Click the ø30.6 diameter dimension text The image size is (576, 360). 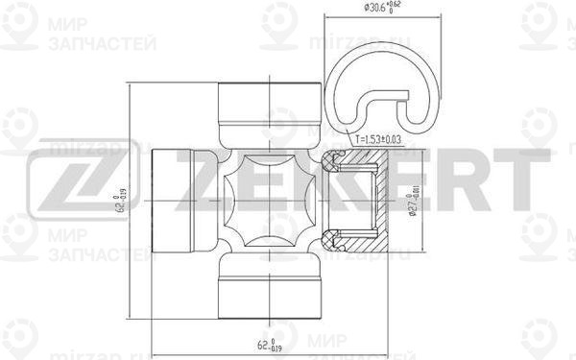point(384,10)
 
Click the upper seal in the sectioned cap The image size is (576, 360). point(333,157)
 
